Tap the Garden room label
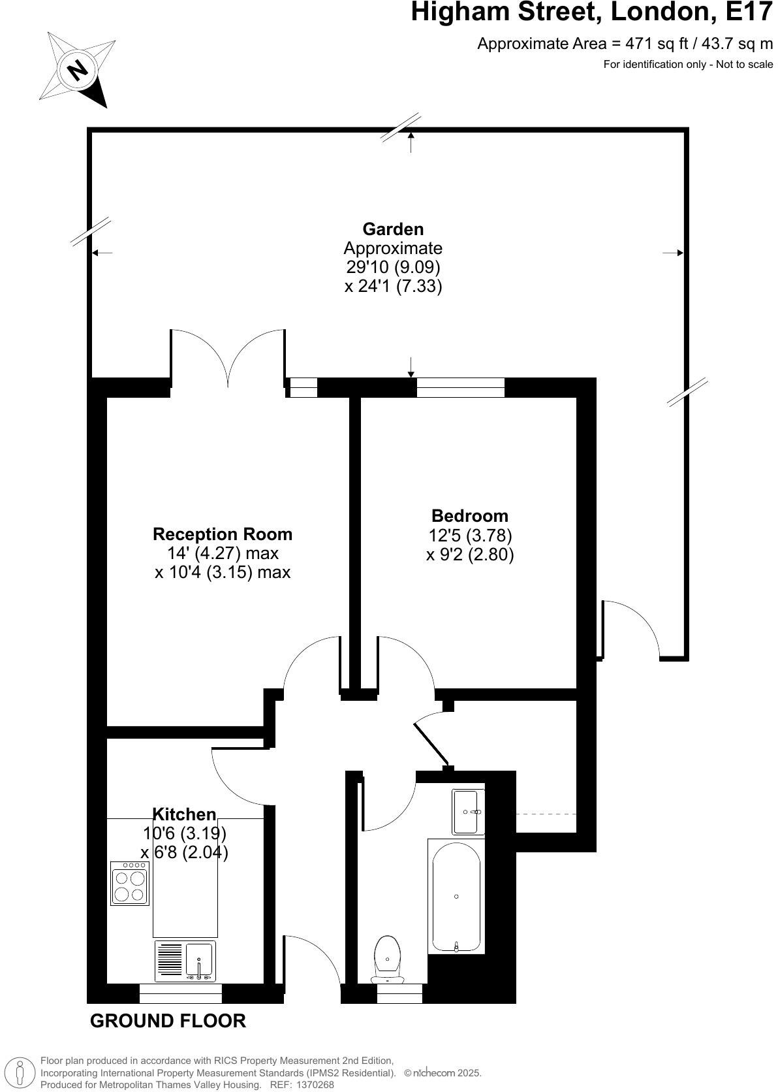tap(393, 229)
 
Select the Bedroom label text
tap(469, 516)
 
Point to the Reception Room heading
tap(223, 534)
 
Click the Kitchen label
tap(184, 814)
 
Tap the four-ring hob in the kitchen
tap(130, 884)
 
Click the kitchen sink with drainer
tap(185, 961)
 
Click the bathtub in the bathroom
tap(456, 896)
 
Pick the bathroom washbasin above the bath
tap(469, 812)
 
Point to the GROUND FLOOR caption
tap(168, 1021)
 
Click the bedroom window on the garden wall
tap(460, 387)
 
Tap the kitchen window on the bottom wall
tap(181, 993)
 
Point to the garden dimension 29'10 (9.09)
tap(393, 267)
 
